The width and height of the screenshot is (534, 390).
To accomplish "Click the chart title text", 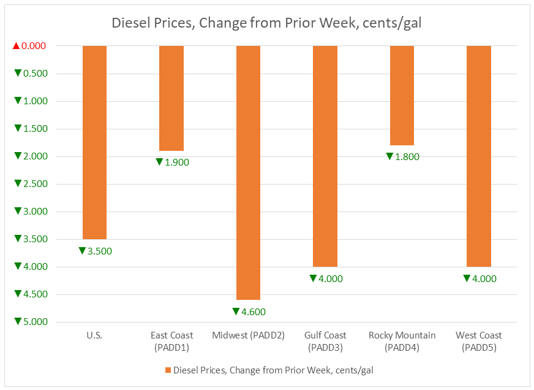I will (266, 24).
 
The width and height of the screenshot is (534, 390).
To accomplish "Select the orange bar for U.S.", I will (94, 142).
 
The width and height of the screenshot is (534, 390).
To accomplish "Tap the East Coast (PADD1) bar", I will (171, 98).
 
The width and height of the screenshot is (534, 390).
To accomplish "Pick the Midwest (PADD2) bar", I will (248, 172).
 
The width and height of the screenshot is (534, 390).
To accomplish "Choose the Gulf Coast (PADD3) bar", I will (325, 156).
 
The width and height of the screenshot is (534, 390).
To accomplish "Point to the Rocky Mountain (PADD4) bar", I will (402, 95).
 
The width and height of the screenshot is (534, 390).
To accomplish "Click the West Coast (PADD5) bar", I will (479, 156).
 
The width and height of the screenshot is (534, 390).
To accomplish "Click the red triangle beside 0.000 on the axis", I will (17, 46).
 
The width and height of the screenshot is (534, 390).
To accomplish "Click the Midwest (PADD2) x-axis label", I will (248, 335).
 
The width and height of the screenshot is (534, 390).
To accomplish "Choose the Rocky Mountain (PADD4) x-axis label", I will (402, 342).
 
